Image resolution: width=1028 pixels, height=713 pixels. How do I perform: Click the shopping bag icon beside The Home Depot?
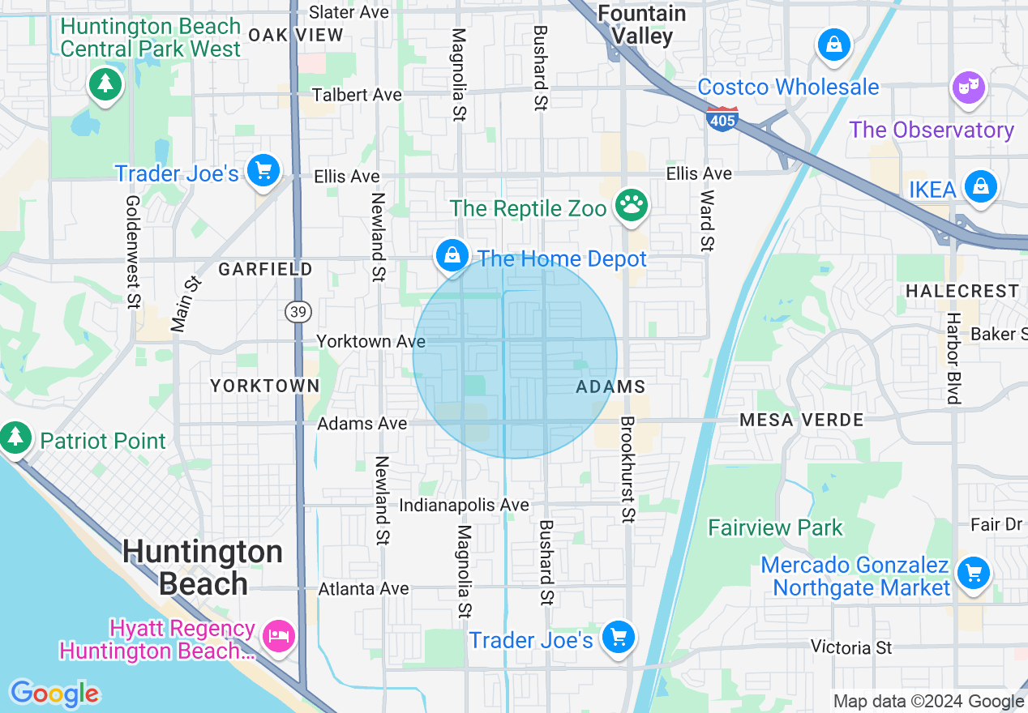(452, 256)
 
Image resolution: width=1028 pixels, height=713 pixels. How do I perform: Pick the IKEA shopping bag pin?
(980, 188)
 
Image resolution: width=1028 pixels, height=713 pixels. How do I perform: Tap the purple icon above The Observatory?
(969, 88)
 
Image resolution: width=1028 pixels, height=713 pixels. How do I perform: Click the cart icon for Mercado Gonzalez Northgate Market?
(973, 574)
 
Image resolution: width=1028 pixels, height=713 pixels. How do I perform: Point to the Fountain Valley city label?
(642, 24)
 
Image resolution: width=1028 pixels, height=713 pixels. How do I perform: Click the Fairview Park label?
(775, 528)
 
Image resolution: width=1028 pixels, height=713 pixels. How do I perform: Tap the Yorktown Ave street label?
(371, 341)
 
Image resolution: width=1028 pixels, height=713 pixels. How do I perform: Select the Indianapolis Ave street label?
(464, 505)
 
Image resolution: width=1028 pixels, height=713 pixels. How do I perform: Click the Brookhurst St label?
(628, 469)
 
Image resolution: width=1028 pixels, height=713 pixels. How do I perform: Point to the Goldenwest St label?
(133, 251)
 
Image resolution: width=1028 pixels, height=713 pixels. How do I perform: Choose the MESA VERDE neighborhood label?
(801, 420)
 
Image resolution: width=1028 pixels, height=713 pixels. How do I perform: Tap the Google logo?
(54, 694)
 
